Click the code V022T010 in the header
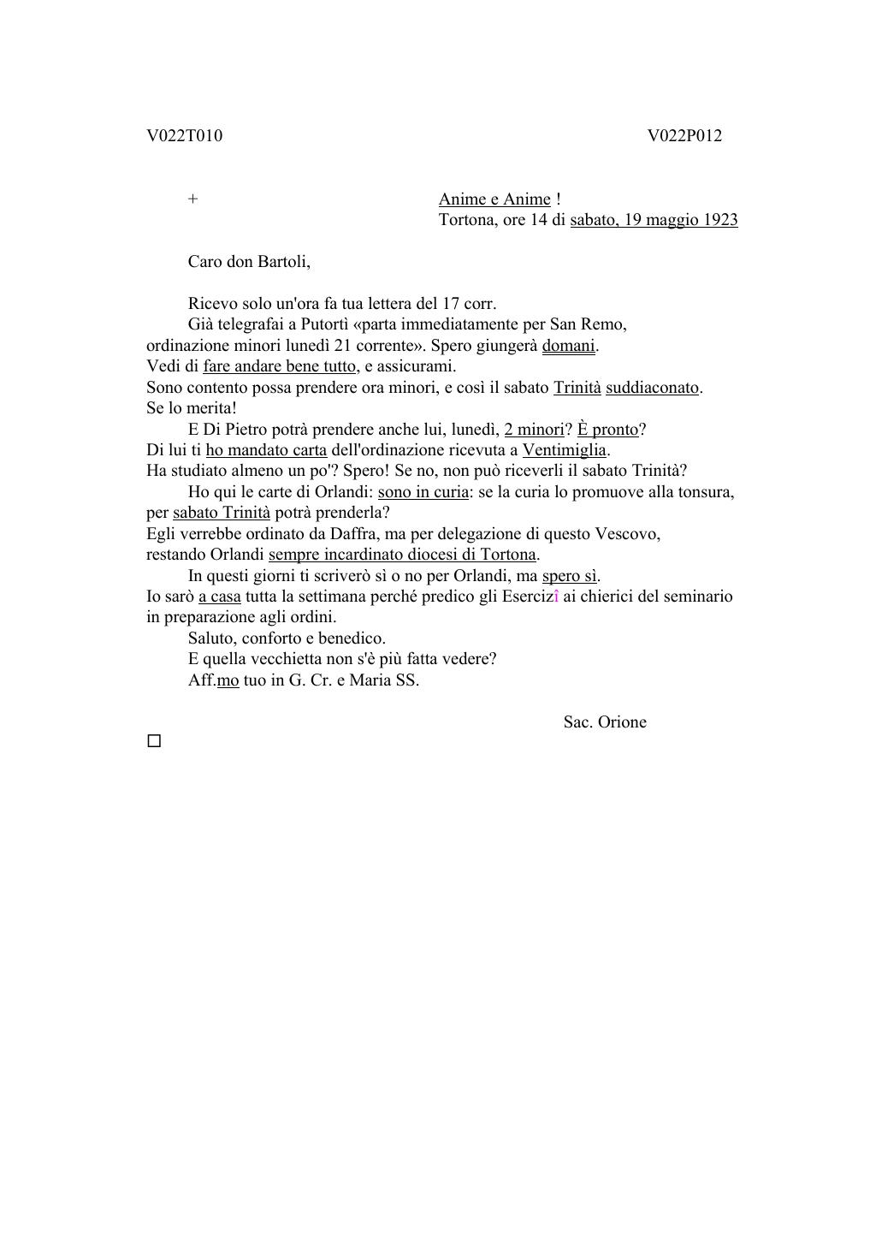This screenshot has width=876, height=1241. click(184, 136)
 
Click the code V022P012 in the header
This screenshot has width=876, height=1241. click(684, 136)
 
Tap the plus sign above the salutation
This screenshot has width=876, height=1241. click(193, 199)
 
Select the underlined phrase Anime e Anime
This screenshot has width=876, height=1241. click(494, 199)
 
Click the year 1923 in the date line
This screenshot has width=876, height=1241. click(719, 220)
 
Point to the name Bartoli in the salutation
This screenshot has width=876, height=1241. click(282, 262)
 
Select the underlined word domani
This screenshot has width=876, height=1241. click(568, 346)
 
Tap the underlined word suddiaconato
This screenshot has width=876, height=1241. click(653, 388)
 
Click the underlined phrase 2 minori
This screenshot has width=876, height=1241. click(535, 430)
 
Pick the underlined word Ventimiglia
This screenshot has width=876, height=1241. click(564, 450)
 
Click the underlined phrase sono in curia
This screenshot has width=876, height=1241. click(423, 492)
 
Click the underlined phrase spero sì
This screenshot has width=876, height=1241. click(569, 576)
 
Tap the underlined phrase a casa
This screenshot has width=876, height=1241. click(219, 597)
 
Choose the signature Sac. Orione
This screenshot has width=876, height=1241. click(605, 722)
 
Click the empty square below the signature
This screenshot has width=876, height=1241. click(154, 741)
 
